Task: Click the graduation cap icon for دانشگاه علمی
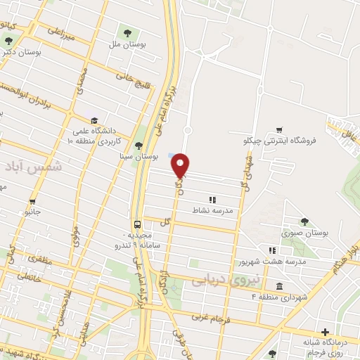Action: tap(94, 120)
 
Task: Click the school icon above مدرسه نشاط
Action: tap(212, 200)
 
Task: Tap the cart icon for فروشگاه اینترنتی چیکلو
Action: tap(280, 129)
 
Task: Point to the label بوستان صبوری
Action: tap(304, 233)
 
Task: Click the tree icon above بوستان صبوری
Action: tap(304, 221)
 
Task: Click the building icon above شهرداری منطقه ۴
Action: tap(280, 286)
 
